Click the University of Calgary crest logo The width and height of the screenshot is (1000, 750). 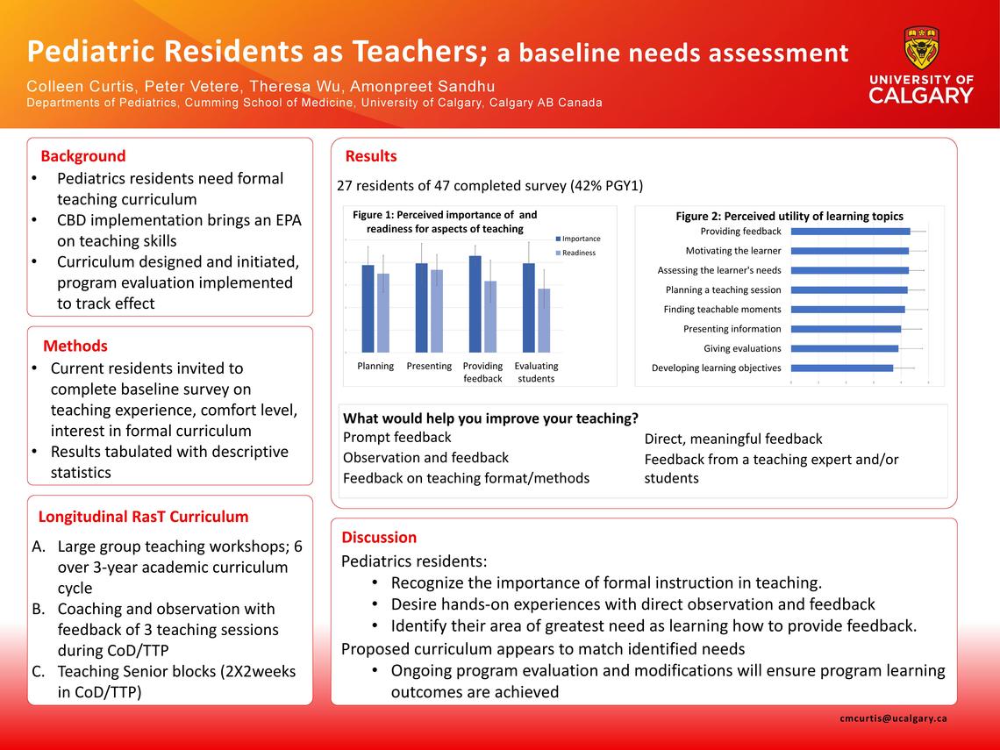coord(921,48)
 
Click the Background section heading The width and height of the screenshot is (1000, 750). coord(83,156)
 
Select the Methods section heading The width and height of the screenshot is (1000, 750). coord(75,346)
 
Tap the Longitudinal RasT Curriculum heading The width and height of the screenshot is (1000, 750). coord(143,517)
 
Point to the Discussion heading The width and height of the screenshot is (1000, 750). coord(379,537)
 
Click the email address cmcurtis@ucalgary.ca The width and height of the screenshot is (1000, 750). coord(893,718)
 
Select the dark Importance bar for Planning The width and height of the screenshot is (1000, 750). coord(368,308)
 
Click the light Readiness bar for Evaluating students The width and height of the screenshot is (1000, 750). coord(545,320)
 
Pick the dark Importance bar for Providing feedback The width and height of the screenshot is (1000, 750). coord(475,304)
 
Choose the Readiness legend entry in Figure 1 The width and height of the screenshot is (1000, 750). coord(578,253)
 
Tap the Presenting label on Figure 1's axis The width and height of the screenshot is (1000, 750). coord(429,366)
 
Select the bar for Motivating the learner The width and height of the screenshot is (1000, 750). coord(849,251)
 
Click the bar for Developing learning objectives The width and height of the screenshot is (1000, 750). coord(842,368)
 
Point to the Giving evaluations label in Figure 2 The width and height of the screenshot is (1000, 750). coord(742,348)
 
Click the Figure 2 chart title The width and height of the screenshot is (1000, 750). coord(789,216)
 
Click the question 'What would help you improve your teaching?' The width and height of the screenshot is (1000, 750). coord(490,418)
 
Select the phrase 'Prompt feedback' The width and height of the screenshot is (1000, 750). coord(396,437)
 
